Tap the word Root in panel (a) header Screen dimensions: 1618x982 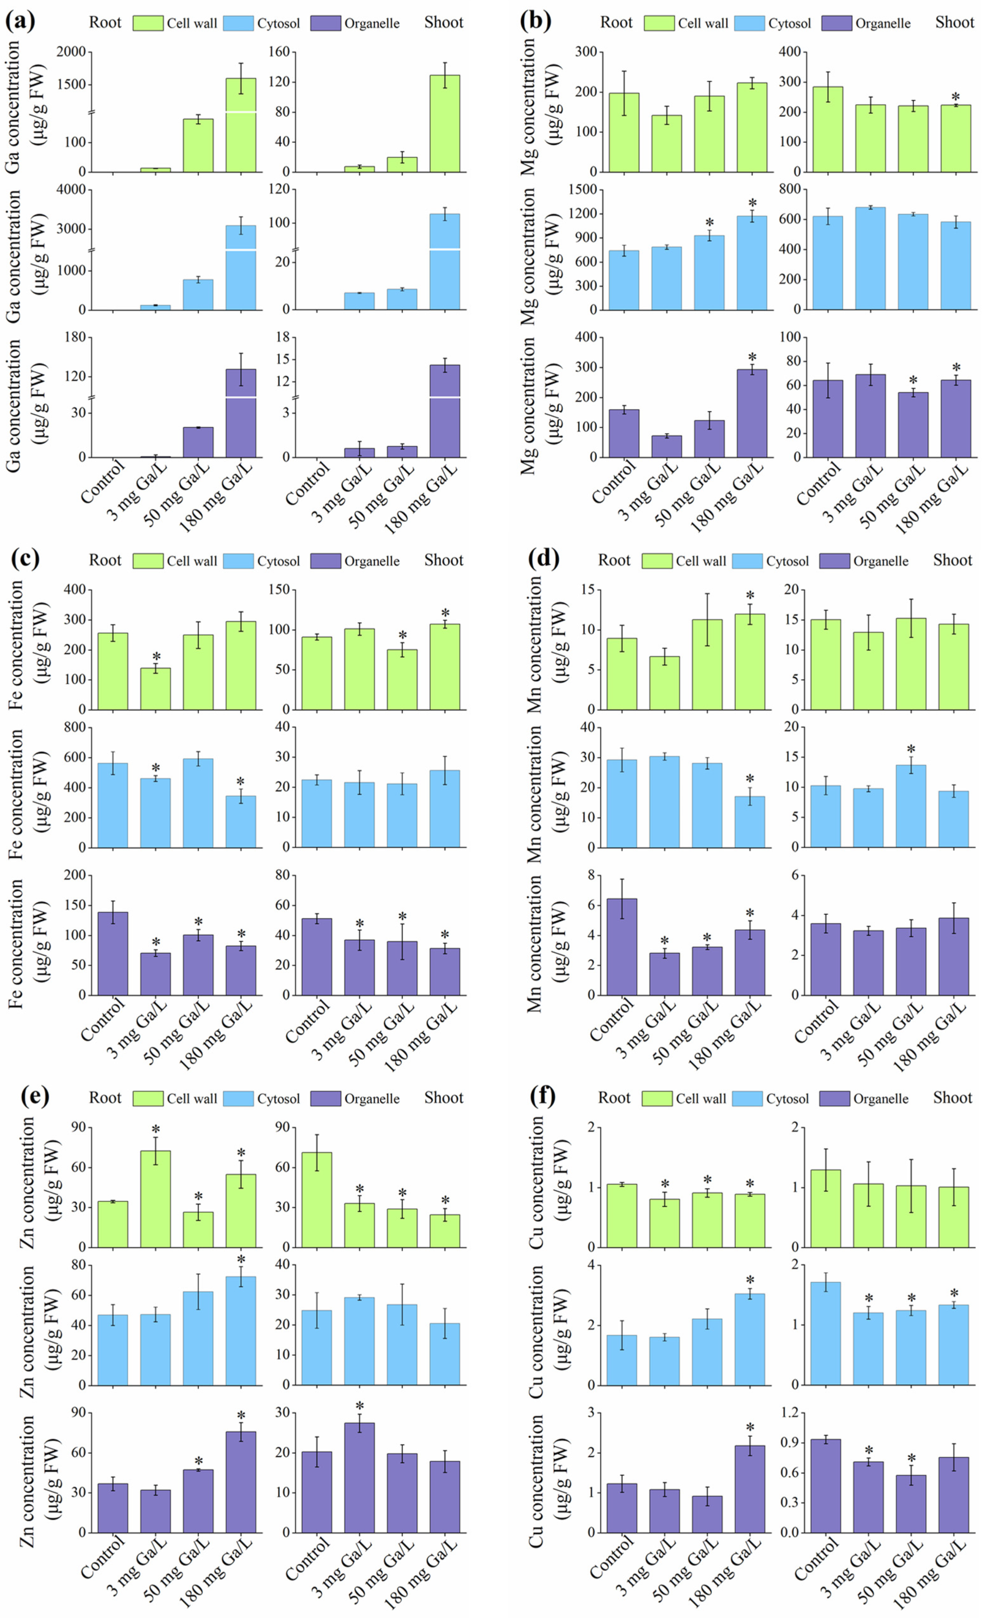(105, 23)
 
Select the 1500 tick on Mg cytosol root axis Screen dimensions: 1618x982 (582, 190)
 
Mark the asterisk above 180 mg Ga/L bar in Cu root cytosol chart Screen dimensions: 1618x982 (750, 1280)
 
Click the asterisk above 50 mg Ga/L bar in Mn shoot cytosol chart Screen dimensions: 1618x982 (911, 749)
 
